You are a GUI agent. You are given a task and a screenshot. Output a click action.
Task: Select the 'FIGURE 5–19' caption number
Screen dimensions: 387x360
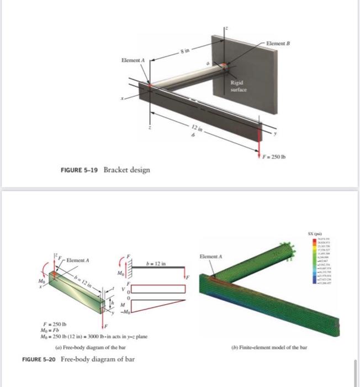pyautogui.click(x=78, y=170)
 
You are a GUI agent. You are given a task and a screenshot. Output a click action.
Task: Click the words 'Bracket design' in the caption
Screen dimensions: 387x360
pyautogui.click(x=128, y=170)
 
